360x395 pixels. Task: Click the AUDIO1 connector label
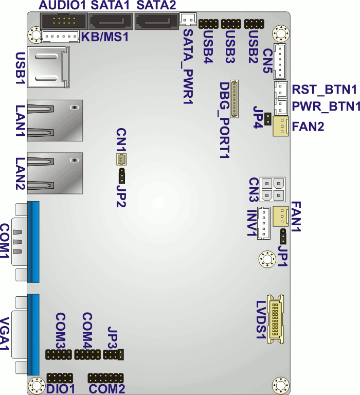[62, 6]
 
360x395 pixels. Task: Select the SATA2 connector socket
[156, 23]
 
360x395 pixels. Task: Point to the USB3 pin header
[231, 24]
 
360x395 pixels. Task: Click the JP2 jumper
[122, 176]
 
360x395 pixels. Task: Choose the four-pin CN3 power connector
[272, 189]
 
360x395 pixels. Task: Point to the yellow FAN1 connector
[281, 215]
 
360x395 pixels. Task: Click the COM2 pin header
[106, 378]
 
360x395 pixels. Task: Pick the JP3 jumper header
[113, 354]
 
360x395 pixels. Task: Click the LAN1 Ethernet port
[53, 116]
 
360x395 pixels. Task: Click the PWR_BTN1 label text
[326, 107]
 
